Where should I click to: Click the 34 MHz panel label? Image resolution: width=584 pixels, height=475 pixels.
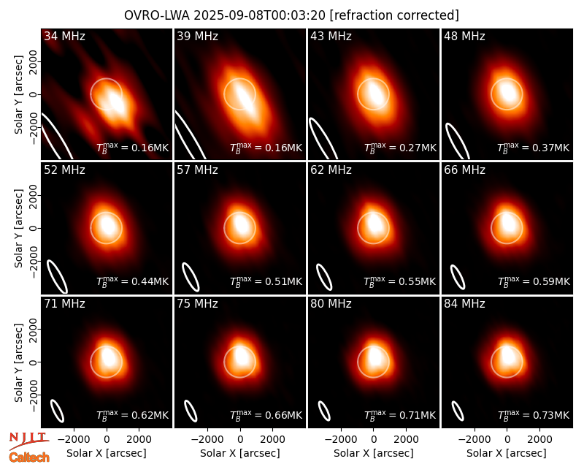point(64,36)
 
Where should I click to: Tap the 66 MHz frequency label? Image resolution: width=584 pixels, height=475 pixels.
point(464,170)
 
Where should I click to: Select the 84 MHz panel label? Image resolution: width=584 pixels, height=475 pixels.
point(464,304)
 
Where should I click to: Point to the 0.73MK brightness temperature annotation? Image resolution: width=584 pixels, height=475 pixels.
point(534,415)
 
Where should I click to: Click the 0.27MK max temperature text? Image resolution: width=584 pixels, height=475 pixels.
point(400,148)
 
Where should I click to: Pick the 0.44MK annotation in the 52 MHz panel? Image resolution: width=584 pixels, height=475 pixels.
point(133,281)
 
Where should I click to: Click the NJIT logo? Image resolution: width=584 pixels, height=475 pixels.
point(28,441)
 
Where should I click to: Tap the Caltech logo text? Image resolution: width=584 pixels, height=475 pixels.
point(29,457)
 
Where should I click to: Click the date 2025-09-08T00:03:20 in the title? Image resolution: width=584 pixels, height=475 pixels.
point(260,15)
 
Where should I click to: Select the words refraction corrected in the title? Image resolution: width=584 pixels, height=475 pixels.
point(395,15)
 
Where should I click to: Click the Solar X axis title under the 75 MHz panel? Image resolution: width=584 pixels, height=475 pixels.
point(240,453)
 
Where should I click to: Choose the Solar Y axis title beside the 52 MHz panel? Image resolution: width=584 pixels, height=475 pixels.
point(18,228)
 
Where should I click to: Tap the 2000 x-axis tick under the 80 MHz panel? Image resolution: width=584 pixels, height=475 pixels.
point(406,440)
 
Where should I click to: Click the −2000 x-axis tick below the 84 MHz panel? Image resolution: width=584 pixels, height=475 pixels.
point(473,440)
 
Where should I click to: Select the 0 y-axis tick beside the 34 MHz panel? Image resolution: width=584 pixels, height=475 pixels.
point(34,94)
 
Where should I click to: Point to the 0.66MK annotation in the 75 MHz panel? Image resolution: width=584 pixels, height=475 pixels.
point(266,415)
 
